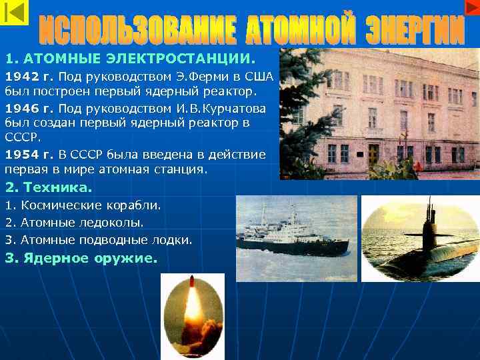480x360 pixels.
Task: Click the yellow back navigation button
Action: click(x=15, y=13)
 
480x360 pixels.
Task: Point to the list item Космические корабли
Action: click(x=86, y=205)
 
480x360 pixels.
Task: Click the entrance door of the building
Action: click(x=373, y=155)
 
